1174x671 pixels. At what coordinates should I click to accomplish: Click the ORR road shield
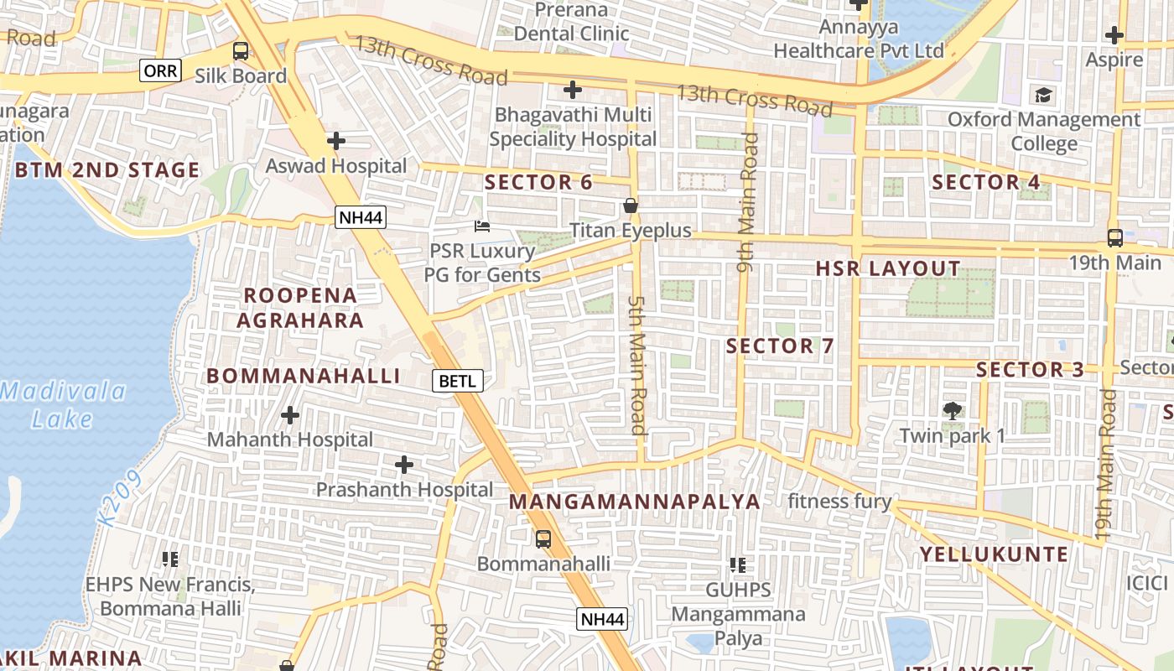coord(160,71)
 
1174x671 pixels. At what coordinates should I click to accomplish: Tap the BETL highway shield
coord(458,381)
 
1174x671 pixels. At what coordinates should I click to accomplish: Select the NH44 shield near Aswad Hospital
coord(361,218)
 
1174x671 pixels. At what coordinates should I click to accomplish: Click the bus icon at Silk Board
coord(241,51)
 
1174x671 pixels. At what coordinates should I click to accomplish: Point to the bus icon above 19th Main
coord(1114,238)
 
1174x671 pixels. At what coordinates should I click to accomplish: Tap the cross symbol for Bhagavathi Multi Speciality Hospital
coord(573,90)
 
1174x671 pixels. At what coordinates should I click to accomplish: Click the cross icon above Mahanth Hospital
coord(290,415)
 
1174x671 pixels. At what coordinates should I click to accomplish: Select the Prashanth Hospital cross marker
coord(404,465)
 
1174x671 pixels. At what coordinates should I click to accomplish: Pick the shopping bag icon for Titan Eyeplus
coord(631,205)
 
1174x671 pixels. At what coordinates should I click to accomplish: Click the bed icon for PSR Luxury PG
coord(482,226)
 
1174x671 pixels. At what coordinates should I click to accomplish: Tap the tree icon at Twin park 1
coord(952,411)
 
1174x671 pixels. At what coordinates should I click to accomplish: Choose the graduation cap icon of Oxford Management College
coord(1044,95)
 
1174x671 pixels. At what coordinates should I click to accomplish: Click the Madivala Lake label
coord(64,404)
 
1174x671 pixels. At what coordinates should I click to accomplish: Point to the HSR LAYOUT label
coord(888,269)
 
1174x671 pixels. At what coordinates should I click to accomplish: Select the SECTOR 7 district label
coord(780,346)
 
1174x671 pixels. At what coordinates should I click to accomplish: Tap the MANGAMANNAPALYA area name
coord(635,502)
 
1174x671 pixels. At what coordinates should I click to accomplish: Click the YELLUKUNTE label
coord(994,554)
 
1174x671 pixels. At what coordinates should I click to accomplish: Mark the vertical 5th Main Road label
coord(637,364)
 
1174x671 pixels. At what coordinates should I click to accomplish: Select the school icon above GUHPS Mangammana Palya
coord(738,565)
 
